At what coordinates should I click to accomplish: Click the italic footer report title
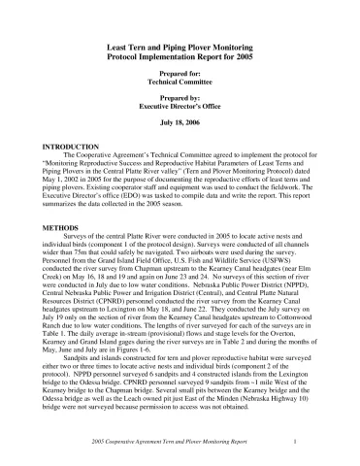point(168,443)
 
